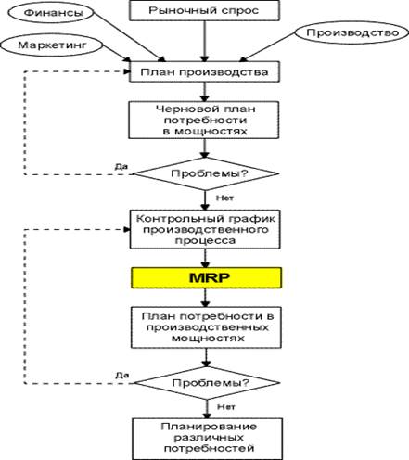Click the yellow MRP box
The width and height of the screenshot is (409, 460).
[x=206, y=277]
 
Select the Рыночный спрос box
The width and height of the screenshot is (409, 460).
[x=204, y=10]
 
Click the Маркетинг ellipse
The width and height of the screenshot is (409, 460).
[x=52, y=45]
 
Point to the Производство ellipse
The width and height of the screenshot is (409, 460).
[x=352, y=32]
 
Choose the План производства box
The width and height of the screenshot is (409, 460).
[x=204, y=71]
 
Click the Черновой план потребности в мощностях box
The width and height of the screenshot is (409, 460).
[x=204, y=120]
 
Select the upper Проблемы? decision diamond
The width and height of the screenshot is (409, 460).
[x=206, y=173]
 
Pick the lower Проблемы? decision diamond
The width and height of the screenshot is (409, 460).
[x=207, y=383]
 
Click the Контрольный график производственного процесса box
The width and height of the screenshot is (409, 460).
[x=205, y=229]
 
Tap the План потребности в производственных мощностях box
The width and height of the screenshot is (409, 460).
[x=206, y=327]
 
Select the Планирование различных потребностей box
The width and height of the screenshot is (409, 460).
[x=208, y=439]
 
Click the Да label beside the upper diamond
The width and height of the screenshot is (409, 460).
[x=121, y=167]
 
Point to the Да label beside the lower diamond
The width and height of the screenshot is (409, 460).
[x=122, y=376]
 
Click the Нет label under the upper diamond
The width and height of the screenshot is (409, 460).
[x=224, y=198]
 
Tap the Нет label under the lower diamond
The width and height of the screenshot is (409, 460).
[x=226, y=407]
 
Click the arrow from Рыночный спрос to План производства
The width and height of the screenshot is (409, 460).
[x=204, y=41]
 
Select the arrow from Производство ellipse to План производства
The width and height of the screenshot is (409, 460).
[x=267, y=46]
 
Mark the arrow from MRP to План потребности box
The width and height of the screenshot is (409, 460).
[x=205, y=298]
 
